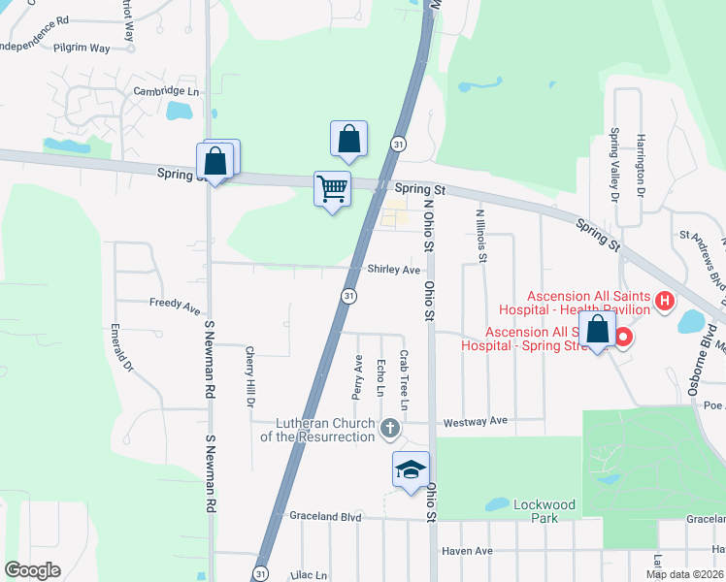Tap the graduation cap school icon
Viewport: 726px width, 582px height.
tap(411, 469)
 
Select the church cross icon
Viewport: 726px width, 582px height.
tap(389, 428)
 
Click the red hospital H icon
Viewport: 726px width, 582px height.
tap(665, 302)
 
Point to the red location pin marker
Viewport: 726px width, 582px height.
tap(622, 338)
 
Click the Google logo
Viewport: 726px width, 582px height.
tap(33, 570)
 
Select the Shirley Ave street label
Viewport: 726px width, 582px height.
tap(394, 270)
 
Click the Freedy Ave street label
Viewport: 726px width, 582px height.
tap(175, 304)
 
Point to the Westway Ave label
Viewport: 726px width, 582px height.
tap(476, 421)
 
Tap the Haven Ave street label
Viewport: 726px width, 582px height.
tap(467, 551)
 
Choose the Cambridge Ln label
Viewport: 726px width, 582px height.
tap(166, 91)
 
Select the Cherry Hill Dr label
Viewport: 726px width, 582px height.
tap(250, 376)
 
